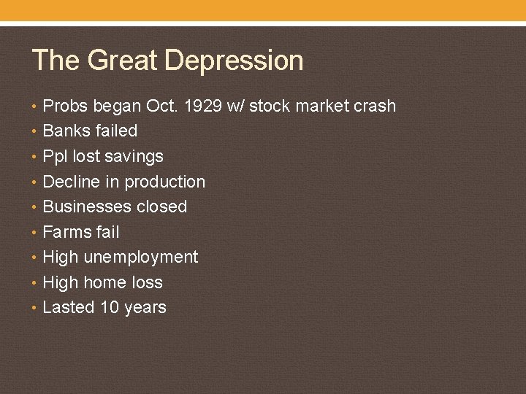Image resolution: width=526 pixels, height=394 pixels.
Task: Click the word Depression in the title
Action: tap(235, 61)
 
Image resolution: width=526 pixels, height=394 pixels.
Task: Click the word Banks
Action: tap(65, 131)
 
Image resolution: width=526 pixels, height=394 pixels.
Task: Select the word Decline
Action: tap(72, 182)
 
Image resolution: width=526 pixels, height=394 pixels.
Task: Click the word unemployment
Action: tap(140, 258)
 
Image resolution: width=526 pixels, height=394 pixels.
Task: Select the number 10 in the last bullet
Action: tap(110, 308)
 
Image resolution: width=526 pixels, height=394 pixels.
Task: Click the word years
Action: tap(145, 308)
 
